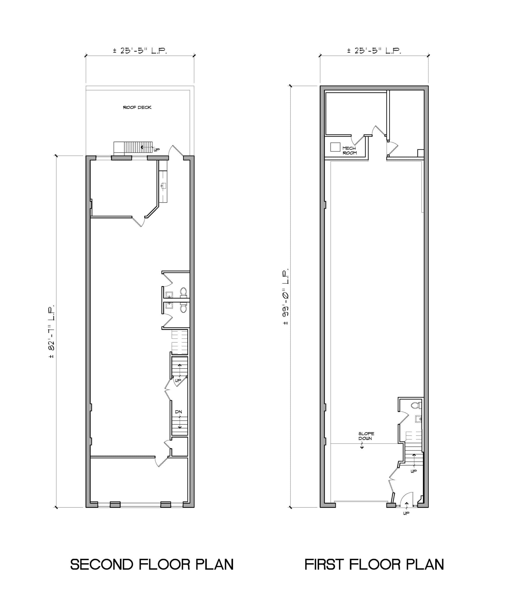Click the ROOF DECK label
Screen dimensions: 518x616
tap(137, 107)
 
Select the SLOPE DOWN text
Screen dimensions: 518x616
tap(366, 436)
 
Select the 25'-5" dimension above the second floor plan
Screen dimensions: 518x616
tap(140, 51)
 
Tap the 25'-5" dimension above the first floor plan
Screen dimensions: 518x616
tap(374, 51)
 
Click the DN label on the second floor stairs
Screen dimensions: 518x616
tap(179, 412)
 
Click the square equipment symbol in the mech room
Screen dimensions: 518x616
tap(335, 147)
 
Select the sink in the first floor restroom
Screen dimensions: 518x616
tap(418, 419)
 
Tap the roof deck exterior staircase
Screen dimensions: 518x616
tap(134, 148)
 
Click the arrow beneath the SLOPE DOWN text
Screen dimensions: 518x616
tap(362, 445)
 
